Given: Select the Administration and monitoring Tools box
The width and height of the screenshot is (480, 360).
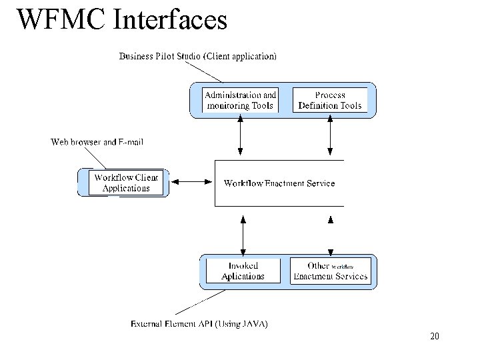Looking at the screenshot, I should pyautogui.click(x=240, y=100).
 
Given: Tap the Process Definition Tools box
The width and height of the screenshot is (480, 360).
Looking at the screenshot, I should pyautogui.click(x=330, y=100).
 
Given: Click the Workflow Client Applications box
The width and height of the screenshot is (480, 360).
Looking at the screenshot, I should pyautogui.click(x=126, y=183).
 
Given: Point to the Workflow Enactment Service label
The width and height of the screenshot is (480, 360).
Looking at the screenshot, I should pyautogui.click(x=279, y=183).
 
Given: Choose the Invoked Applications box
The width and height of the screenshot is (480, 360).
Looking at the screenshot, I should pyautogui.click(x=243, y=271).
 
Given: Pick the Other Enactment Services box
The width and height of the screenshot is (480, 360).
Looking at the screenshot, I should pyautogui.click(x=330, y=271).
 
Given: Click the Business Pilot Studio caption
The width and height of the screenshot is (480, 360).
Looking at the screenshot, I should pyautogui.click(x=197, y=57).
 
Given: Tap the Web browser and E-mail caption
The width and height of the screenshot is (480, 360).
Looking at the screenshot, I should pyautogui.click(x=97, y=142).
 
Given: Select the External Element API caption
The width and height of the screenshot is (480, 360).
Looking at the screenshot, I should pyautogui.click(x=199, y=324).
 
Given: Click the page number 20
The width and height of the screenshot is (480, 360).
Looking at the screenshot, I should pyautogui.click(x=435, y=337).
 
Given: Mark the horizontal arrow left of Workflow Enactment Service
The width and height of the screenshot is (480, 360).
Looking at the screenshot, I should pyautogui.click(x=191, y=181).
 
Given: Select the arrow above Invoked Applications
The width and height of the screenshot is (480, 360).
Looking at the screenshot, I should pyautogui.click(x=243, y=235).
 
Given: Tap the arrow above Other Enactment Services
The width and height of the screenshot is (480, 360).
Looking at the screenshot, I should pyautogui.click(x=330, y=235).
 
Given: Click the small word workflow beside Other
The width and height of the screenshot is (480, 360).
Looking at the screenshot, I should pyautogui.click(x=342, y=267).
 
